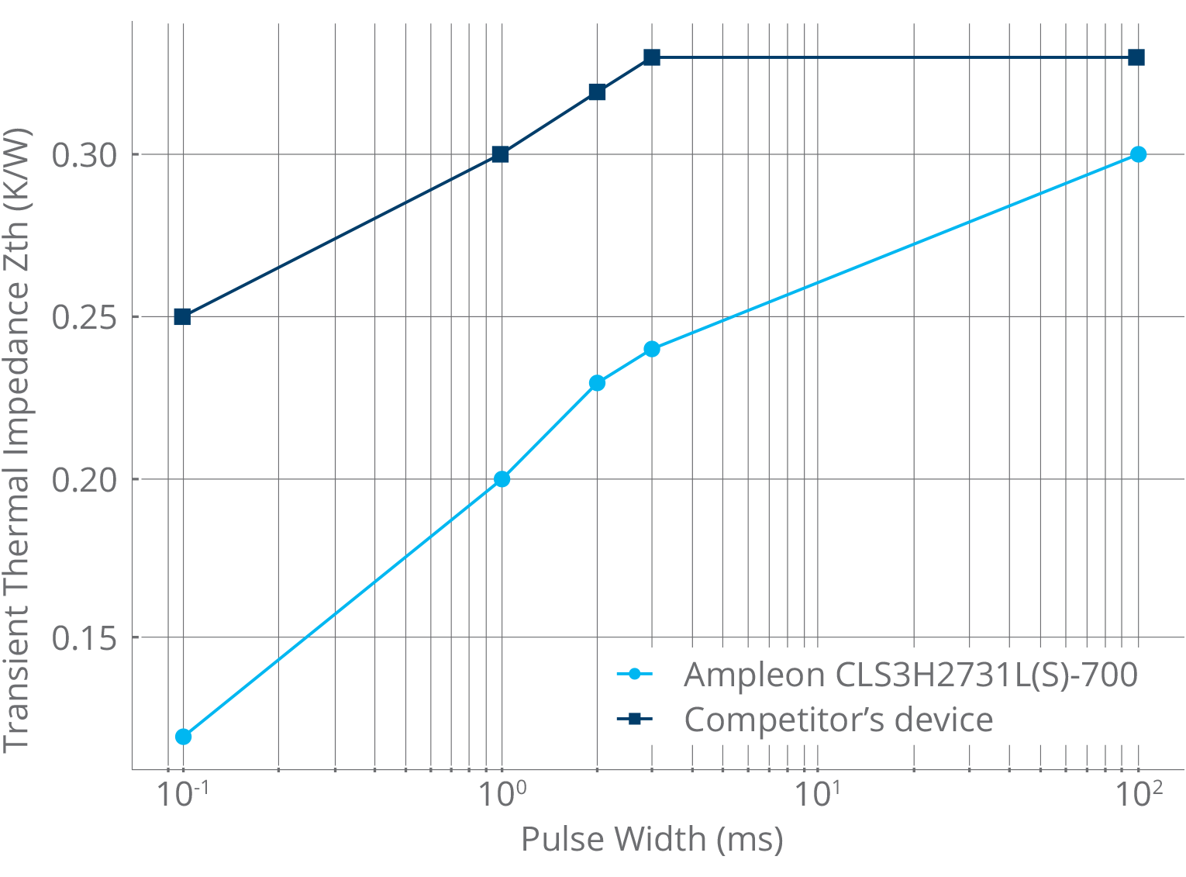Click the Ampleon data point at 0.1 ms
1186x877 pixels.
pyautogui.click(x=183, y=736)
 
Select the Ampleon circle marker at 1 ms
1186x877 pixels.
pyautogui.click(x=502, y=479)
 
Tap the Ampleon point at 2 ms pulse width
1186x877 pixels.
pyautogui.click(x=597, y=383)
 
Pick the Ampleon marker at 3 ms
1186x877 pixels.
pyautogui.click(x=652, y=349)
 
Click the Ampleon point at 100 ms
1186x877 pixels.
pyautogui.click(x=1137, y=154)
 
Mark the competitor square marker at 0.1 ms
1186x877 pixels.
pyautogui.click(x=182, y=316)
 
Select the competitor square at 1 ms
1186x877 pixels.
pyautogui.click(x=501, y=154)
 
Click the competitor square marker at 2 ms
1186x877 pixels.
pyautogui.click(x=597, y=92)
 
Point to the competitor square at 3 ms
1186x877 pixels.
pyautogui.click(x=652, y=57)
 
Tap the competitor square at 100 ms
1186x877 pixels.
pyautogui.click(x=1136, y=57)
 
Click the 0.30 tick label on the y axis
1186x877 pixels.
pyautogui.click(x=84, y=155)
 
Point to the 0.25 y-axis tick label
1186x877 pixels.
pyautogui.click(x=84, y=317)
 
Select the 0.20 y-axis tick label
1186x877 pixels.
pyautogui.click(x=84, y=480)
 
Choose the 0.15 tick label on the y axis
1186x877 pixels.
pyautogui.click(x=84, y=638)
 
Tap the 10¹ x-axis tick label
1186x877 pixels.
pyautogui.click(x=817, y=794)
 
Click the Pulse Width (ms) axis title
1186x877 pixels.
pyautogui.click(x=652, y=838)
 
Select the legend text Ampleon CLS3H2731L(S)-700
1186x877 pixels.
pyautogui.click(x=910, y=675)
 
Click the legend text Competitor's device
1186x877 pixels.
pyautogui.click(x=838, y=720)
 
